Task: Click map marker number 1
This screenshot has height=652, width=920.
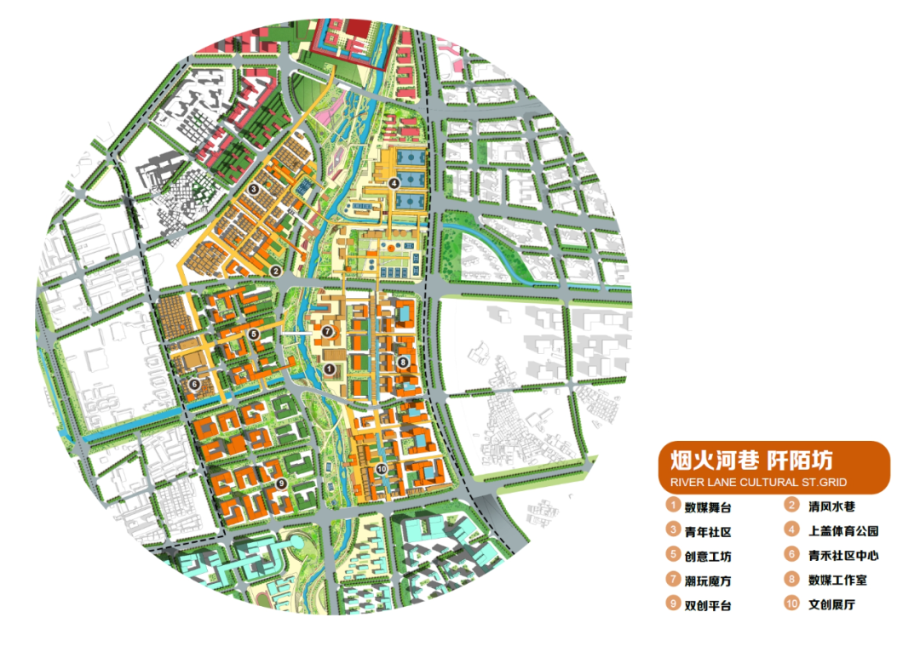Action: (330, 368)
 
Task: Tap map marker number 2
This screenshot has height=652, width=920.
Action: (275, 271)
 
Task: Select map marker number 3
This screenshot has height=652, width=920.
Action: (253, 189)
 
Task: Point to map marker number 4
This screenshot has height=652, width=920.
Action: (394, 183)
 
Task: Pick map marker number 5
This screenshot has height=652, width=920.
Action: (253, 333)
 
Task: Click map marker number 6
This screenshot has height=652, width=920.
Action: (194, 384)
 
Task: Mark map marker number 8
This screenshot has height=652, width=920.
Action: (403, 362)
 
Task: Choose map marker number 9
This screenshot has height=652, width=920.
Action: (280, 483)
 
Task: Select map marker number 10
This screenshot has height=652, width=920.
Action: (381, 469)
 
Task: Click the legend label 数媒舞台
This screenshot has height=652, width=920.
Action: (708, 507)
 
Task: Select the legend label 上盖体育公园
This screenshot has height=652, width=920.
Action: (843, 531)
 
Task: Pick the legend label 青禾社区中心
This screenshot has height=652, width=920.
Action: (843, 556)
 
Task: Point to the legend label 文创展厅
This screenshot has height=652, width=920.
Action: (831, 605)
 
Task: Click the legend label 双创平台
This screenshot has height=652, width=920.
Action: (708, 605)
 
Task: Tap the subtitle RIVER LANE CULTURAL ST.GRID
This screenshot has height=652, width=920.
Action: (758, 483)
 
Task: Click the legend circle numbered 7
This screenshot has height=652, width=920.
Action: (673, 581)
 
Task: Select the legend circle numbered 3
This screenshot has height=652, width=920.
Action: (673, 531)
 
